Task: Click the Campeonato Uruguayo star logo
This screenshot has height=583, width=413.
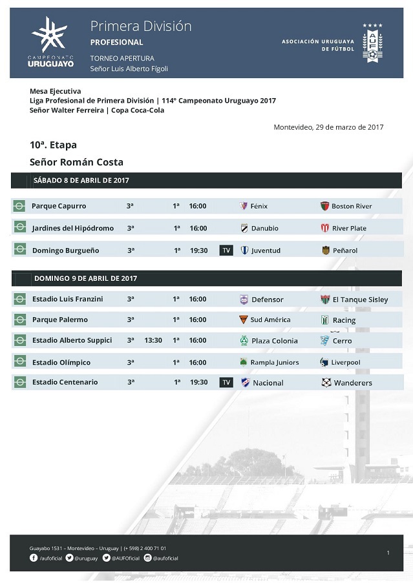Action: (50, 36)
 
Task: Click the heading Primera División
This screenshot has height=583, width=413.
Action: (141, 26)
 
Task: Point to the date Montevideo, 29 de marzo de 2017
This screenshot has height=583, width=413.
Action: (328, 127)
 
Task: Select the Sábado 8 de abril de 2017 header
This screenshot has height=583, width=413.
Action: (81, 181)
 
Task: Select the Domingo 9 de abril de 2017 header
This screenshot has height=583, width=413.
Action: (85, 278)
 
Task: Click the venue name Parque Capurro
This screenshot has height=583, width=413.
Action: (59, 206)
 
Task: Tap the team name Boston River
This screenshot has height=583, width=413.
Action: (352, 207)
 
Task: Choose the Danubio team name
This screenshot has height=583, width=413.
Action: (265, 229)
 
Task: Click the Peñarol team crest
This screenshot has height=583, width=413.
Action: (326, 251)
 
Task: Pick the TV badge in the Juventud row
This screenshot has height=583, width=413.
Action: (226, 251)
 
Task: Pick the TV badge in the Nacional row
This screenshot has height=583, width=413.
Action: (226, 382)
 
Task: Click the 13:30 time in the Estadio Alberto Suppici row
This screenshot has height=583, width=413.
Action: (153, 340)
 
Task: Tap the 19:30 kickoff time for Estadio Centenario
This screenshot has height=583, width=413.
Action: (199, 382)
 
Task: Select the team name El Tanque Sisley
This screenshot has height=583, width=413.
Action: (360, 300)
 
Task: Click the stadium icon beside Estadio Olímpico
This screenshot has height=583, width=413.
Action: (20, 363)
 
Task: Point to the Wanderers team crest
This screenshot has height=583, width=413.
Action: (326, 383)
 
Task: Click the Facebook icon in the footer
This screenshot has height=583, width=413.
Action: (34, 558)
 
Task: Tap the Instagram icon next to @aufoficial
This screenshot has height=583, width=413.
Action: (147, 558)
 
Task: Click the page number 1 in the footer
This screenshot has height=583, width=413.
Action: (388, 553)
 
